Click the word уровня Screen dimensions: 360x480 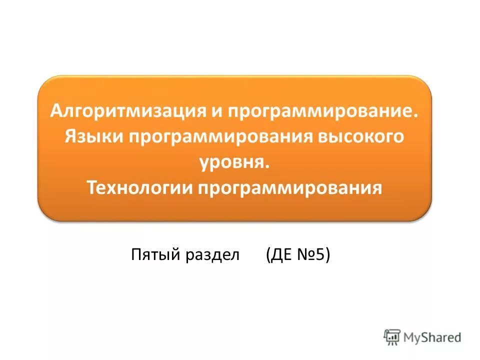[231, 162]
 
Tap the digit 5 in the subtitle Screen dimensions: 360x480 [320, 255]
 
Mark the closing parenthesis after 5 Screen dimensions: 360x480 [327, 255]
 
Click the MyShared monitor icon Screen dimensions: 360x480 [392, 337]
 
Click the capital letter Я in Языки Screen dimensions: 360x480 [70, 136]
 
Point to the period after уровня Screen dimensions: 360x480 [267, 167]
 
